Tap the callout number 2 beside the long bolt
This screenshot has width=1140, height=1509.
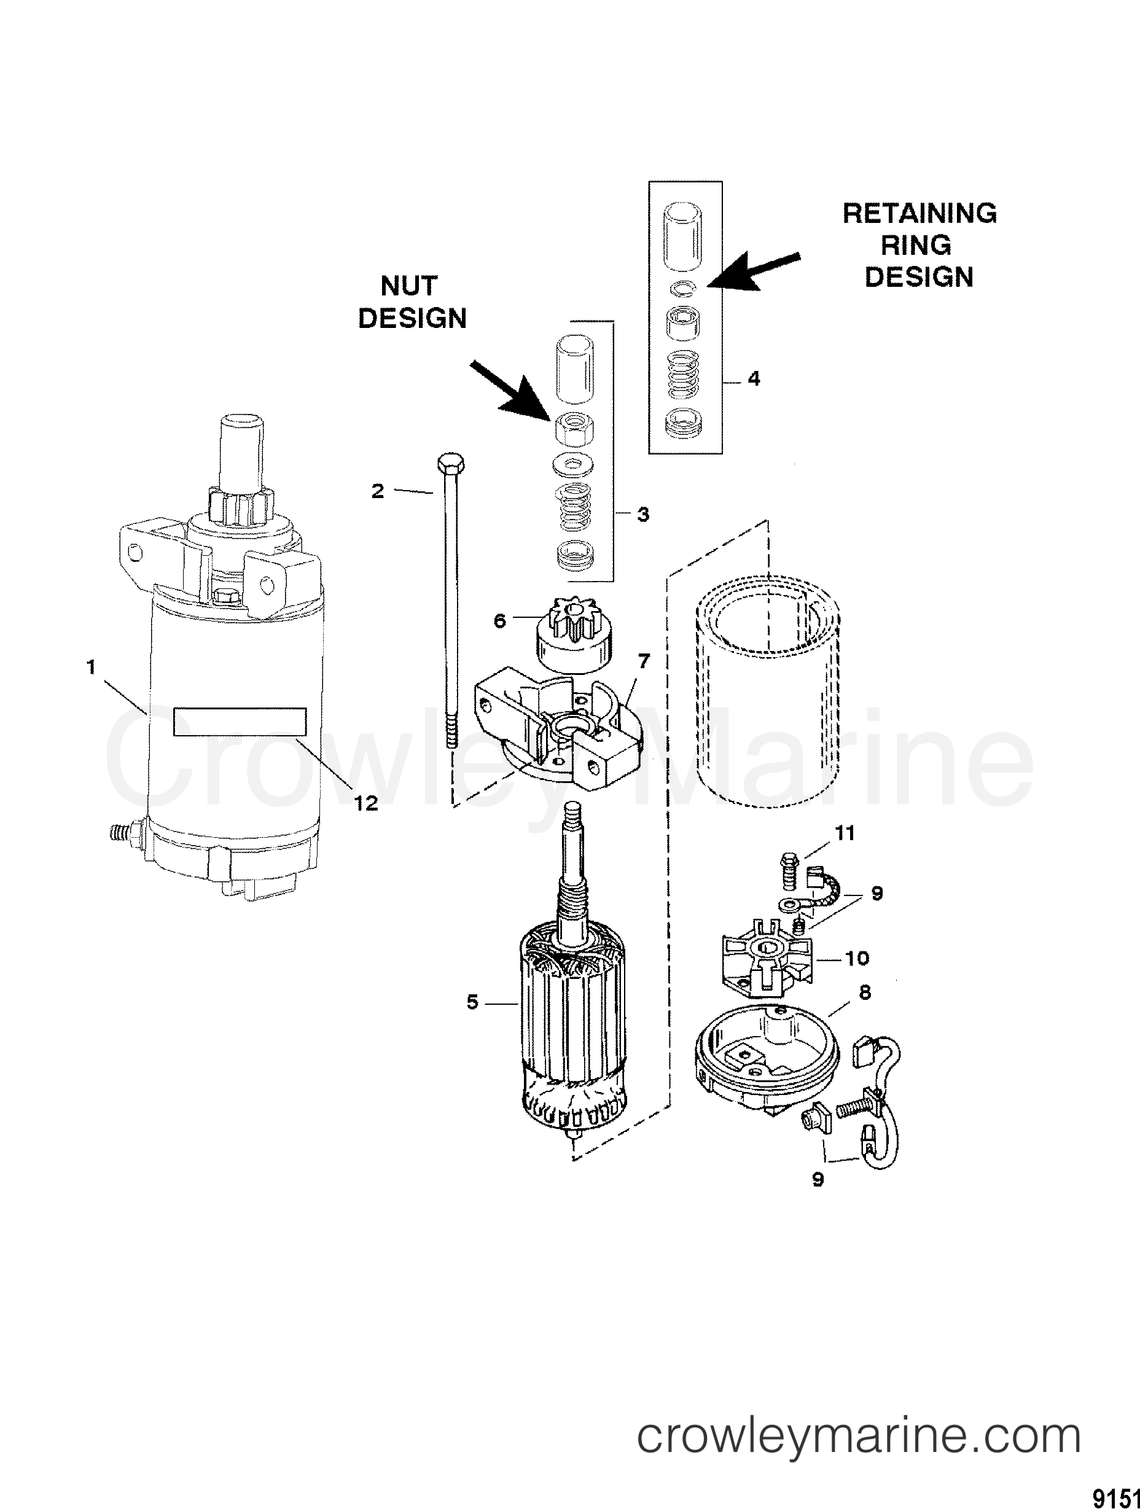point(378,491)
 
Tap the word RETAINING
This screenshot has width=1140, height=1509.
point(919,214)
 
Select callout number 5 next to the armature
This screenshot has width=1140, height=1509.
point(472,1002)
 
